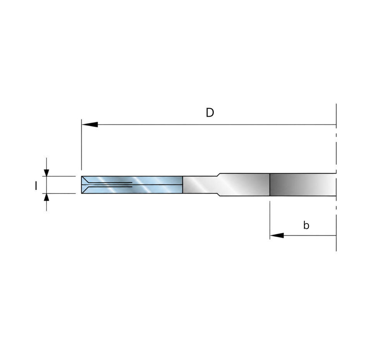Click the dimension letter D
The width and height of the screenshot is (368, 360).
point(210,113)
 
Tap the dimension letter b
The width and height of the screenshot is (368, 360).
point(306,225)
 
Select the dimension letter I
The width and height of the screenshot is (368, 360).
point(36,186)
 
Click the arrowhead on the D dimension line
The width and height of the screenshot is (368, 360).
point(89,124)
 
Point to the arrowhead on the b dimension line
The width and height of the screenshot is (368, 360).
point(277,235)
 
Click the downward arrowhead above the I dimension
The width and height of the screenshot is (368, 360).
point(46,172)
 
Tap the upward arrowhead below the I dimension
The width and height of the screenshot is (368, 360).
point(46,197)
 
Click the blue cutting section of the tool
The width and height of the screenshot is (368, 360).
point(132,185)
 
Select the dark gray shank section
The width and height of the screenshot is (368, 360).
point(303,184)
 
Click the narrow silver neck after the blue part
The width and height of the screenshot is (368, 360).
point(200,184)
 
